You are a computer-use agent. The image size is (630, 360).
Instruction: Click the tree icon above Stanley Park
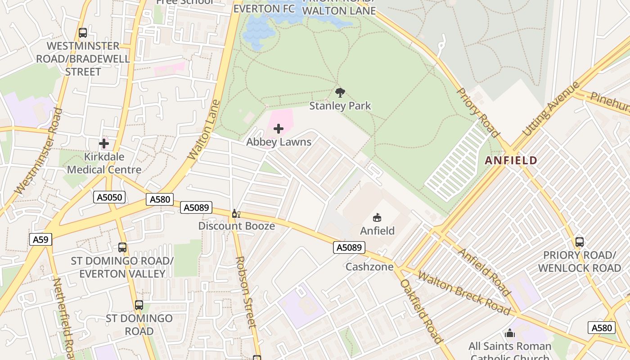[x=340, y=93]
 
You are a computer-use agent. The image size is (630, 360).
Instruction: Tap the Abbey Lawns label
[x=279, y=142]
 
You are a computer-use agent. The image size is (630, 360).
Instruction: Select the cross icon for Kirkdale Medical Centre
[x=104, y=144]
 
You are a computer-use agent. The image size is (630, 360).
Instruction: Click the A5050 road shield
[x=109, y=197]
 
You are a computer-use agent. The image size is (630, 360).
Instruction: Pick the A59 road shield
[x=40, y=239]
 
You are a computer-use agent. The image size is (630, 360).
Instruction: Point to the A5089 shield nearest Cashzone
[x=349, y=247]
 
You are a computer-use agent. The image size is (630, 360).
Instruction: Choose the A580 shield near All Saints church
[x=601, y=328]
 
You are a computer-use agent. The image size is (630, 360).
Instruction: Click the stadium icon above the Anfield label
[x=377, y=218]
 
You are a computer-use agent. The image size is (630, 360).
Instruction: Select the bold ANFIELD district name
[x=511, y=160]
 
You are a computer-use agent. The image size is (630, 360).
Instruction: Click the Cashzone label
[x=369, y=267]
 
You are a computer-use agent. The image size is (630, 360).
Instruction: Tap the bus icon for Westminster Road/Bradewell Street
[x=83, y=33]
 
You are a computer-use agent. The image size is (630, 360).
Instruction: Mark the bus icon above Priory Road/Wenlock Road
[x=580, y=242]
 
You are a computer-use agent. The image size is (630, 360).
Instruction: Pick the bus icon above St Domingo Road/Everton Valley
[x=122, y=247]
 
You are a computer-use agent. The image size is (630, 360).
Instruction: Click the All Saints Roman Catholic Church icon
[x=509, y=333]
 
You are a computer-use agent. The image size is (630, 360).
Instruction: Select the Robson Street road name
[x=246, y=292]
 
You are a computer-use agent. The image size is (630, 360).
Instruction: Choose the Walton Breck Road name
[x=463, y=292]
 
